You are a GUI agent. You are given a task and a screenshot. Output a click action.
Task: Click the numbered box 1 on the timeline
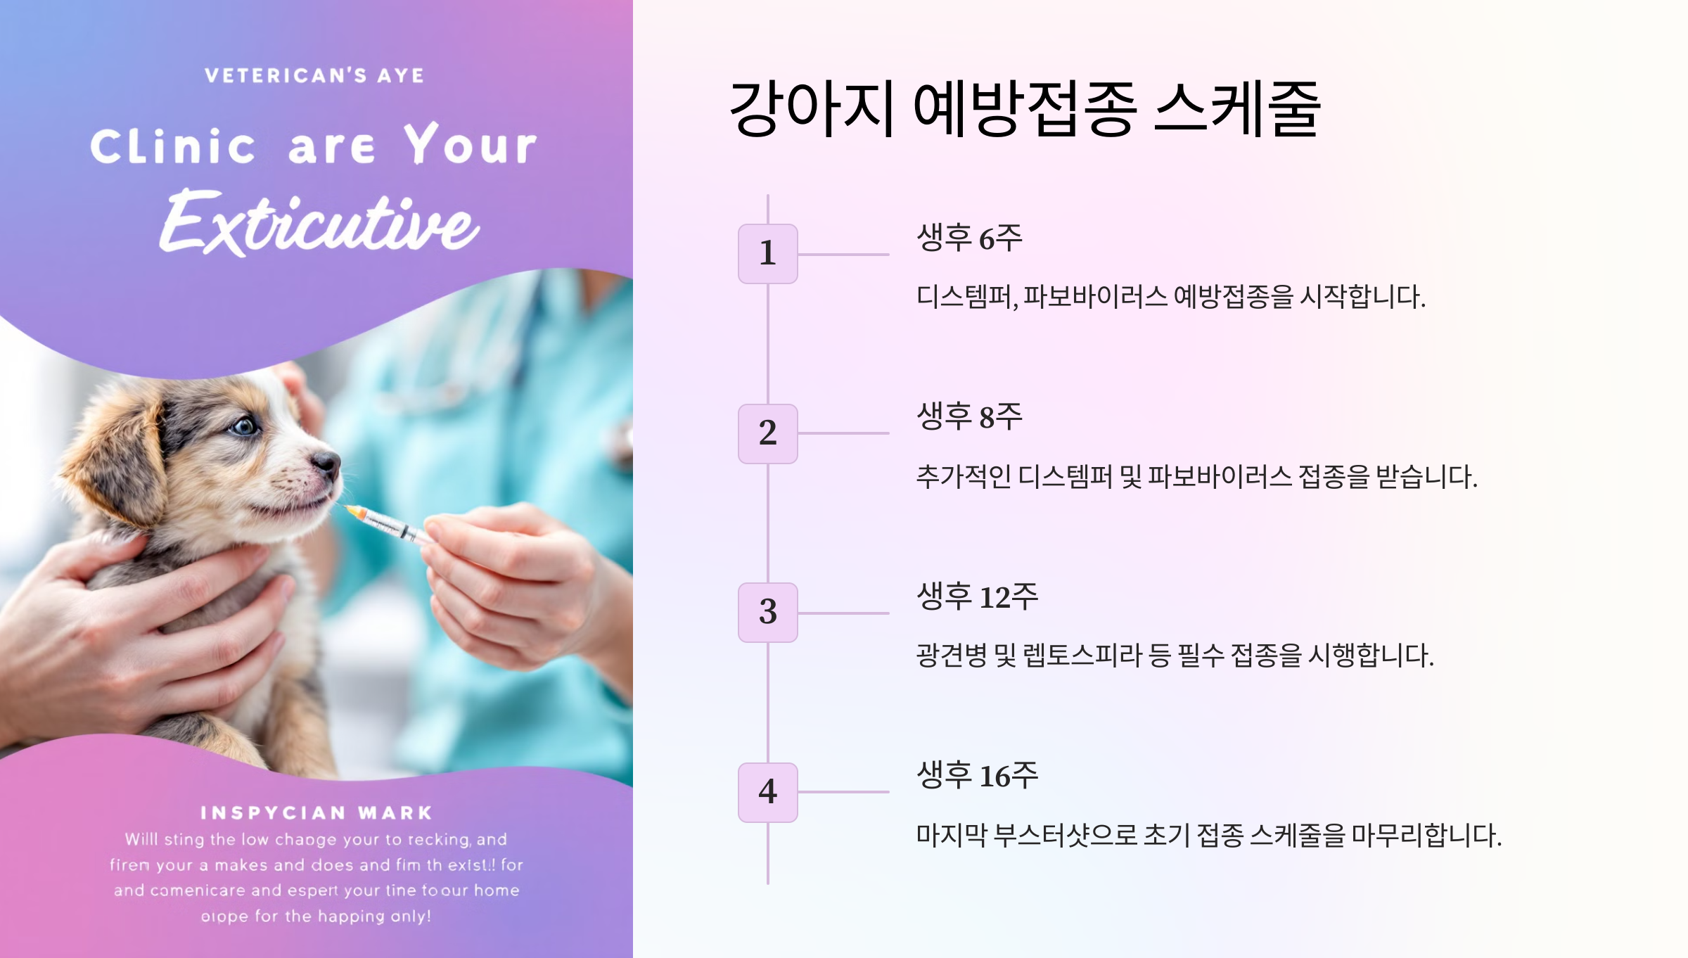pos(767,253)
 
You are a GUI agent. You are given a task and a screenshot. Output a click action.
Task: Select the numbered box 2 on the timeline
pos(767,433)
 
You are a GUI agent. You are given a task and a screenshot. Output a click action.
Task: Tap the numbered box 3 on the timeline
pos(767,612)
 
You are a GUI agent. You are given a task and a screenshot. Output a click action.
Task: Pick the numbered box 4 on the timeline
pos(767,792)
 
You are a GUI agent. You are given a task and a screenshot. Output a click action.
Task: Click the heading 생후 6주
pos(968,238)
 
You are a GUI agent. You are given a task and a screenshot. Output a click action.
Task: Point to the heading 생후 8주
pos(968,416)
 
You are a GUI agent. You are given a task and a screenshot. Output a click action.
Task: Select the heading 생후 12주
pos(976,596)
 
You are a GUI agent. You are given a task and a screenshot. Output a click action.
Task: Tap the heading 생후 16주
pos(976,775)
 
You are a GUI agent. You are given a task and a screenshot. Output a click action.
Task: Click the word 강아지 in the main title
pos(812,109)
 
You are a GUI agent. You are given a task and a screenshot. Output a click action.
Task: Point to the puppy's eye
pos(245,426)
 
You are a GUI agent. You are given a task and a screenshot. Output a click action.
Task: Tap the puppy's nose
pos(326,461)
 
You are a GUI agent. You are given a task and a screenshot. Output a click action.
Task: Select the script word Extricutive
pos(320,224)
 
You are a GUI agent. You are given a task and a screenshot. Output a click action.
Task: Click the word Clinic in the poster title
pos(173,146)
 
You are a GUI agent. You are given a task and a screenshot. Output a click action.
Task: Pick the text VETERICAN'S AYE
pos(314,75)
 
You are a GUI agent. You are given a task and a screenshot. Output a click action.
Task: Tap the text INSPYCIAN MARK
pos(316,813)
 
